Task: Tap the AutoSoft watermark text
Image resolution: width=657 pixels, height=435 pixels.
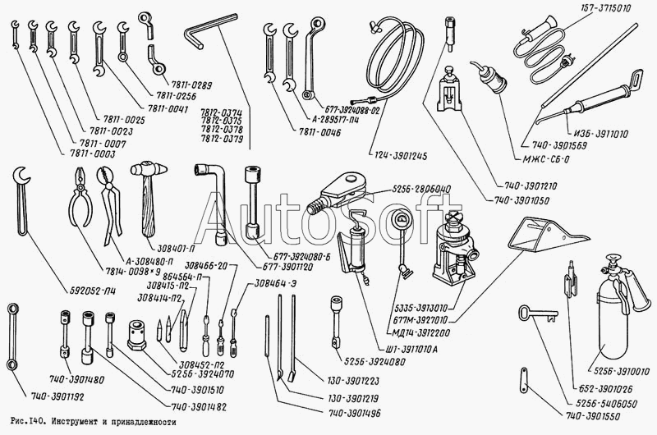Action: coord(328,216)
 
